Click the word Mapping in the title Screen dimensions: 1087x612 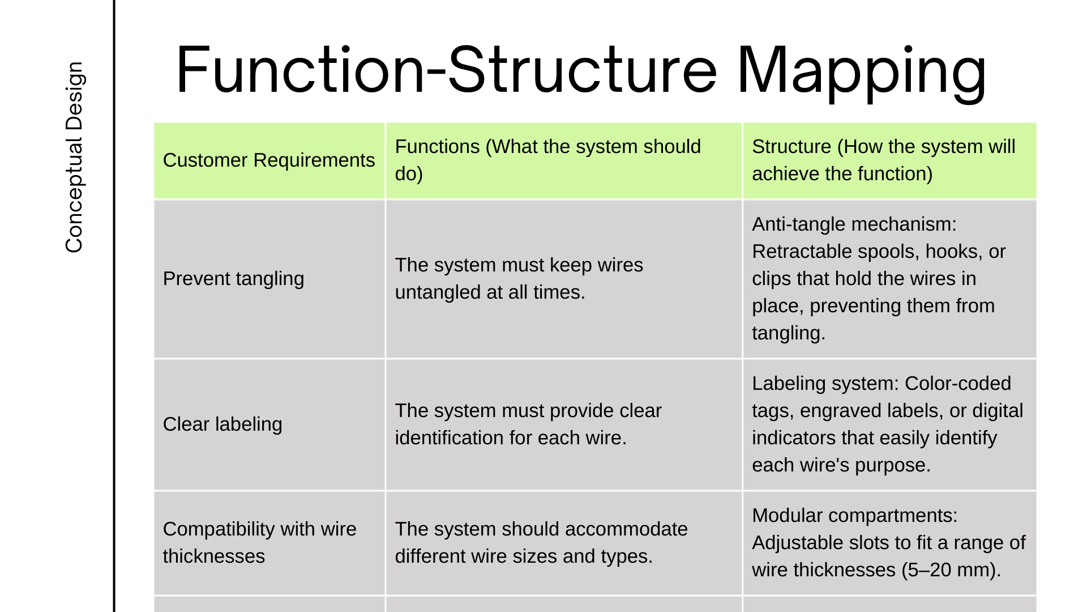[862, 71]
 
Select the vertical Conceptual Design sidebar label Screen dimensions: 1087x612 [74, 157]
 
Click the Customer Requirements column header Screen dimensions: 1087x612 [269, 160]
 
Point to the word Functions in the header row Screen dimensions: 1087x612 [437, 147]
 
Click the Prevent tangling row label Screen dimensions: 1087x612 [233, 279]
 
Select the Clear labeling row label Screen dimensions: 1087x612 [222, 424]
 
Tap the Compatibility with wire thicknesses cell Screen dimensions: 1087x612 [260, 543]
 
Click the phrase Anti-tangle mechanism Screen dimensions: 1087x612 [854, 224]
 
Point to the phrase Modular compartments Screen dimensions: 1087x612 [855, 516]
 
